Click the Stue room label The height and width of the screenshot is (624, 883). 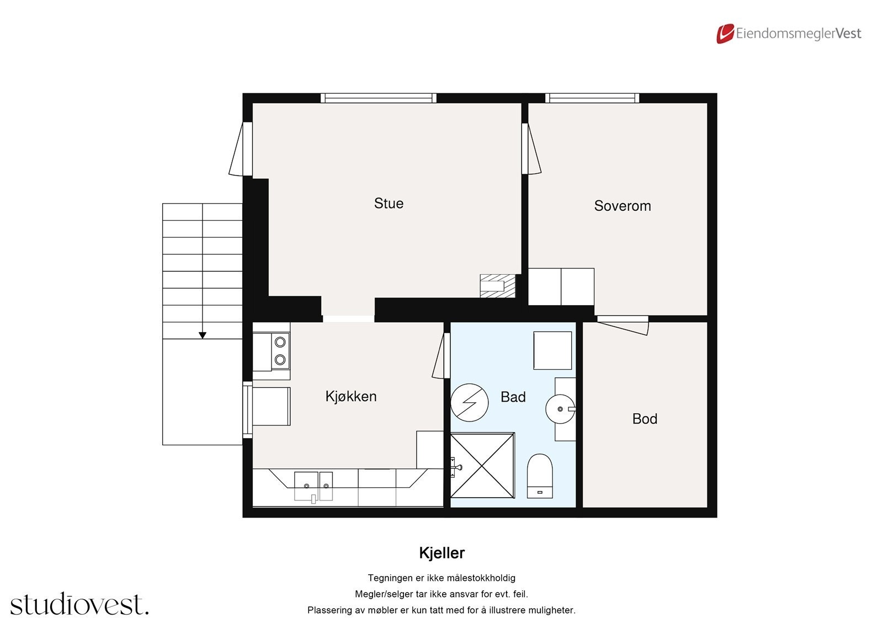coord(389,204)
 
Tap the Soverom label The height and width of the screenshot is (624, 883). coord(622,206)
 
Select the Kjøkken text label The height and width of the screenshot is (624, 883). coord(350,396)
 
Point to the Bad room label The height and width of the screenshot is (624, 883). coord(513,397)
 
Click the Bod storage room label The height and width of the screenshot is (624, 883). coord(644,419)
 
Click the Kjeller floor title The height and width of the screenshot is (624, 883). coord(441,553)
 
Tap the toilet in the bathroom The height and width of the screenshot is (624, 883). coord(540,476)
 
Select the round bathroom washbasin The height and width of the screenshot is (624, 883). coord(560,409)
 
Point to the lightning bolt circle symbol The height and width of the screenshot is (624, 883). coord(469,403)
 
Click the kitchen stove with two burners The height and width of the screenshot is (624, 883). coord(280,351)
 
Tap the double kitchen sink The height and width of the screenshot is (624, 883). coord(313,486)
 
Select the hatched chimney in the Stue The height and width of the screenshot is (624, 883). coord(497,286)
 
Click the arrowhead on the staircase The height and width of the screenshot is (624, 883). coord(203,335)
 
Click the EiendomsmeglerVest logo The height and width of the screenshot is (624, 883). coord(789,34)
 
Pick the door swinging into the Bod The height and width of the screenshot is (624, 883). coord(622,325)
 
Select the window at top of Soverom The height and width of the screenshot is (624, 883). coord(592,98)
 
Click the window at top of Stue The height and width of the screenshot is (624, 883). coord(379,98)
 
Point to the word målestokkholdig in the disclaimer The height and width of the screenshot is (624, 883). coord(481,578)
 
